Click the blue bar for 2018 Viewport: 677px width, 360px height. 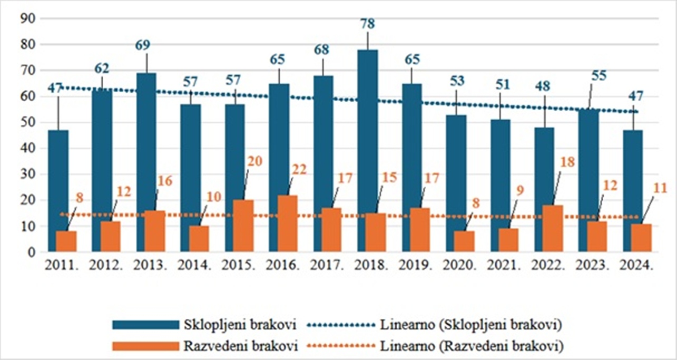point(367,150)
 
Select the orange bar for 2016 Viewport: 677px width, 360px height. point(288,223)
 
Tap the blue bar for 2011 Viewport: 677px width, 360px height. point(57,190)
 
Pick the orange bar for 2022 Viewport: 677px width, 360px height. point(553,228)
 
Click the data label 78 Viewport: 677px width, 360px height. point(367,24)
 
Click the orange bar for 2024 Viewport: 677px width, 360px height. point(642,238)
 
